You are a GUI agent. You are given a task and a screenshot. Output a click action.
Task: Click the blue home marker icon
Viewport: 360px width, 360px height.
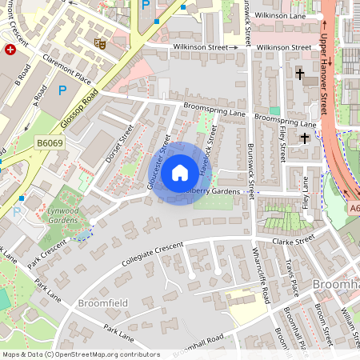click(x=180, y=171)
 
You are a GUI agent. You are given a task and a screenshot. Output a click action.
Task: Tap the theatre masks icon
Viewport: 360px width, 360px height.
click(x=100, y=43)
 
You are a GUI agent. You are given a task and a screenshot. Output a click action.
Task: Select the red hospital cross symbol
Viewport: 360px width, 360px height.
click(x=10, y=50)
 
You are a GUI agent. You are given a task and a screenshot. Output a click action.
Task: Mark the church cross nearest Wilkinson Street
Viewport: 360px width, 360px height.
click(x=301, y=74)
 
